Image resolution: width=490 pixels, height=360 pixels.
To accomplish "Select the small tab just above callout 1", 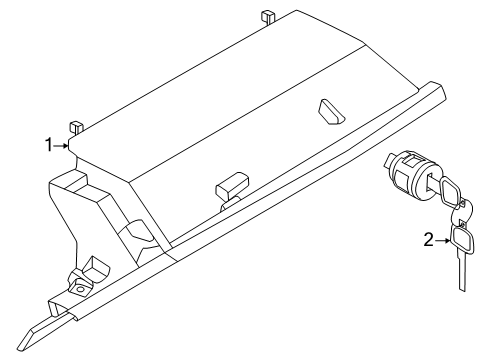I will (75, 128).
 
